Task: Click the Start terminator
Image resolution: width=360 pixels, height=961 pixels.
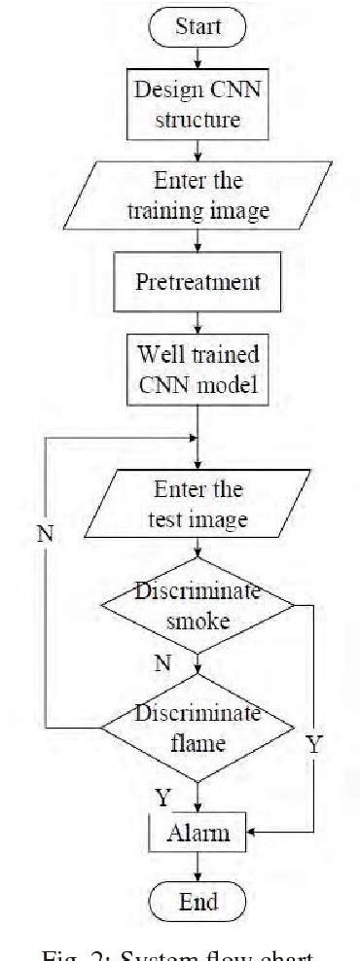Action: pyautogui.click(x=198, y=26)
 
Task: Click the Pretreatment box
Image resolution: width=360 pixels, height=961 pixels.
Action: pyautogui.click(x=198, y=284)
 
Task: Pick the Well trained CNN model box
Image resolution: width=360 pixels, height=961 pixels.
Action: pyautogui.click(x=198, y=368)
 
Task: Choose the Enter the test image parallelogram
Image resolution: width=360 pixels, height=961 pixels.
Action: pyautogui.click(x=198, y=504)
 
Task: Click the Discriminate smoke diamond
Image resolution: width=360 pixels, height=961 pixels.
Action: pyautogui.click(x=198, y=605)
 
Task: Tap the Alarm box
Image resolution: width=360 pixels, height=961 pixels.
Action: pyautogui.click(x=198, y=833)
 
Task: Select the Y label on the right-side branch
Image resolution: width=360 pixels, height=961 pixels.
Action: pyautogui.click(x=313, y=746)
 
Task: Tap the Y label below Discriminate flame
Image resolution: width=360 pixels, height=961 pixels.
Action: pyautogui.click(x=163, y=797)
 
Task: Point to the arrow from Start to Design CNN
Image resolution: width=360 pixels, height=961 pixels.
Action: pyautogui.click(x=198, y=55)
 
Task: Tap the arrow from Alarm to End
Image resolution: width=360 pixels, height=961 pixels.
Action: pyautogui.click(x=198, y=866)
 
